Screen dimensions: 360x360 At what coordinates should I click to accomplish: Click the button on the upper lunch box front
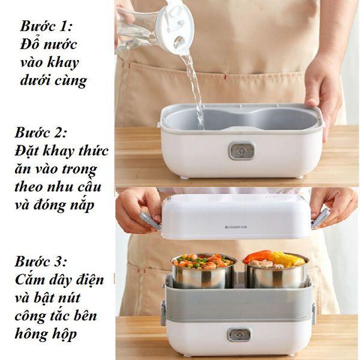(239, 151)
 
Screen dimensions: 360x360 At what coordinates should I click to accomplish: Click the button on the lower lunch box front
(239, 334)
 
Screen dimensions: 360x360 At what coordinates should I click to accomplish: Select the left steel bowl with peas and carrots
(202, 273)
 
